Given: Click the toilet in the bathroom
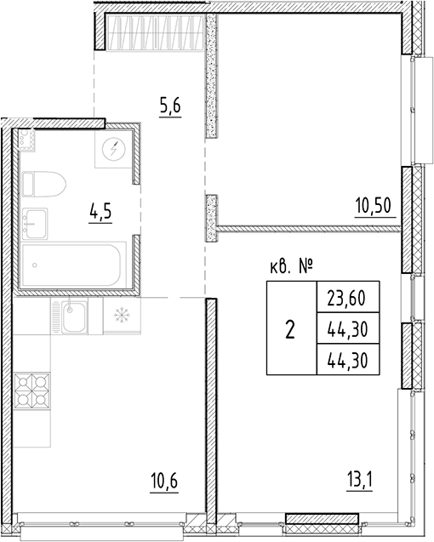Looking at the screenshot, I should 43,183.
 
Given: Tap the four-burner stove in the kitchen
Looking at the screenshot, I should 31,390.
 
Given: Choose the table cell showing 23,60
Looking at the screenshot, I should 345,298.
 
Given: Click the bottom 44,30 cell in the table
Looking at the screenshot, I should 345,359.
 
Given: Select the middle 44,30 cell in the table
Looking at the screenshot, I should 345,328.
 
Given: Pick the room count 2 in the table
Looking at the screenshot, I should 290,329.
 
